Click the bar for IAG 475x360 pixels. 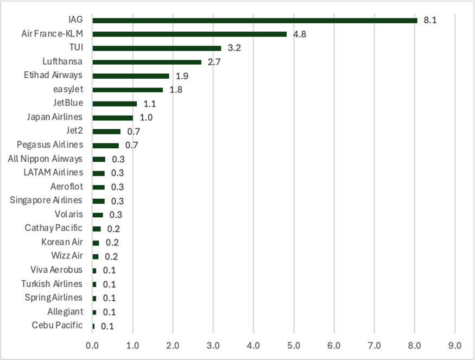[x=255, y=20]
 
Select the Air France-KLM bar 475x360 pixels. [x=189, y=34]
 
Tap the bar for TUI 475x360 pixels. [x=157, y=48]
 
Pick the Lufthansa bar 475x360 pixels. [x=147, y=62]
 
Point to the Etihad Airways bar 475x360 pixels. [x=131, y=76]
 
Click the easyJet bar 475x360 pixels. [x=128, y=90]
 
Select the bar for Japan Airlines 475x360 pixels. [x=112, y=117]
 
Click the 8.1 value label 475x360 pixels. [x=430, y=20]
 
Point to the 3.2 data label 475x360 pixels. [x=235, y=48]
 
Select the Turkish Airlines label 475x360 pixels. [x=52, y=284]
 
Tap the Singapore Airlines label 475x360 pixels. [x=46, y=200]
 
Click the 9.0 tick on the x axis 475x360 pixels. [x=455, y=345]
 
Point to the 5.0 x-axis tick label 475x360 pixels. [x=294, y=345]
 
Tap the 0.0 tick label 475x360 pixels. [x=92, y=345]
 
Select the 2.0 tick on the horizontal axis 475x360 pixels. [x=173, y=345]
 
